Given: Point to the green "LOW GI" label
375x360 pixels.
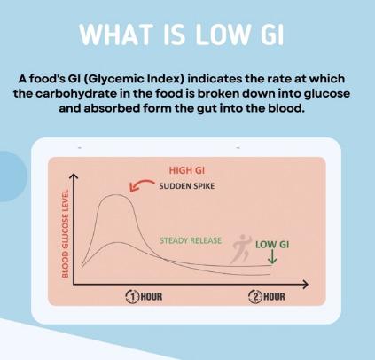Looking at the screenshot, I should click(x=274, y=242).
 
